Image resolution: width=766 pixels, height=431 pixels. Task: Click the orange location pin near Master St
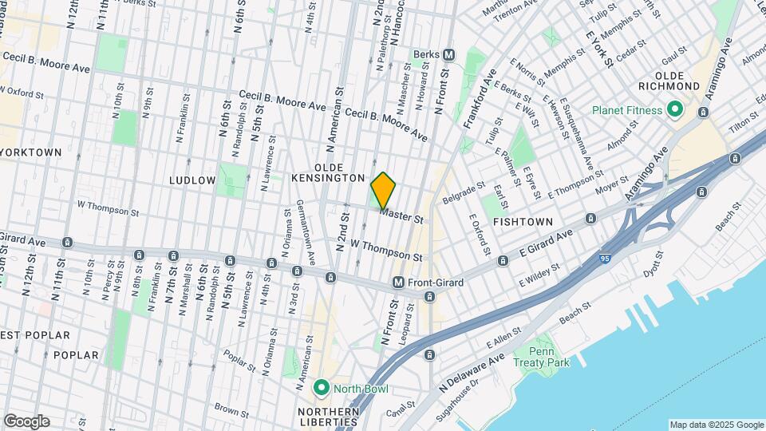[383, 190]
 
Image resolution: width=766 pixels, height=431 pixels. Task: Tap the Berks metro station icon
[449, 55]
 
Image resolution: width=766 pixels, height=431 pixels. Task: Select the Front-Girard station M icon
[398, 283]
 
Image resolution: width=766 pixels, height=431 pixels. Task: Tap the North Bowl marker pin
[322, 389]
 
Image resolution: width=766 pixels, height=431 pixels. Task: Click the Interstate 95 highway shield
[607, 259]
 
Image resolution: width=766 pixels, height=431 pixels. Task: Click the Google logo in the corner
[26, 421]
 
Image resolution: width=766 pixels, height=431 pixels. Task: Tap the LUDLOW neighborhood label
[192, 180]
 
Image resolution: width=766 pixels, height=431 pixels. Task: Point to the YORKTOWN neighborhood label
[30, 152]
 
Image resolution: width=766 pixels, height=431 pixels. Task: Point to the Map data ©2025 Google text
[715, 425]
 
